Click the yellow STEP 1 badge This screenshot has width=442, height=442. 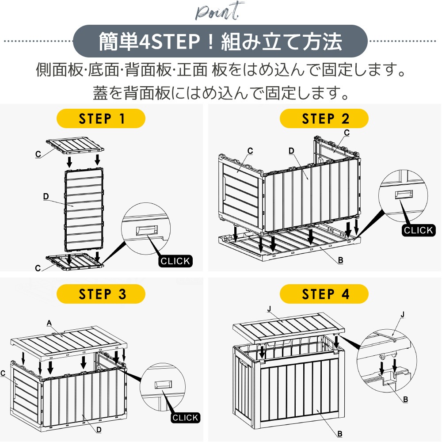tap(101, 119)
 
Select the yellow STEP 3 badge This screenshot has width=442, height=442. tap(101, 294)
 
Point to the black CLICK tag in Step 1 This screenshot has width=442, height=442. tap(175, 261)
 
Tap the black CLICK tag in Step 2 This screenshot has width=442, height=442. tap(419, 230)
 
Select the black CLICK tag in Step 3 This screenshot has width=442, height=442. tap(185, 417)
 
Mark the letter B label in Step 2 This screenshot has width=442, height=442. tap(340, 261)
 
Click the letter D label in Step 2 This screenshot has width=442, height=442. tap(291, 151)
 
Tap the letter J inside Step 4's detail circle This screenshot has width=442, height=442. tap(402, 315)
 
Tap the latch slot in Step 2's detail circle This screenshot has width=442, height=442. tap(405, 194)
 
